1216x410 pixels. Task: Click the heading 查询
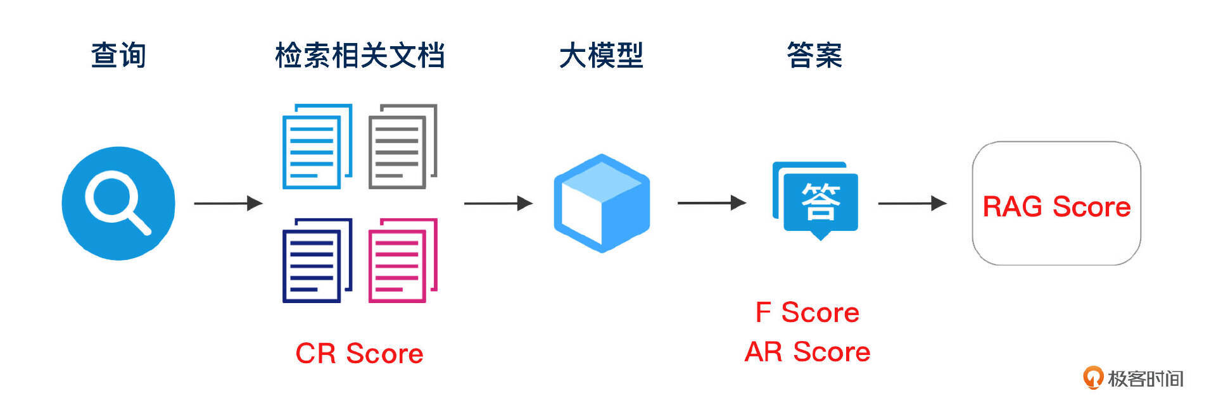point(118,55)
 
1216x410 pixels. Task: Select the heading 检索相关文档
point(359,55)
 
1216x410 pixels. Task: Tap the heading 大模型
point(601,55)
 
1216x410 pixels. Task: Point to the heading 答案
point(814,55)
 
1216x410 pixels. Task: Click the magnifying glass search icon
point(118,203)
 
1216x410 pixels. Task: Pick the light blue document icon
point(317,146)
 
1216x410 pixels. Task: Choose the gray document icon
point(403,146)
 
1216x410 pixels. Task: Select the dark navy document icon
point(317,260)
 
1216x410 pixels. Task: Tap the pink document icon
point(403,260)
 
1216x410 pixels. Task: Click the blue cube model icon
point(602,203)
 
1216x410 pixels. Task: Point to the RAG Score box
point(1056,203)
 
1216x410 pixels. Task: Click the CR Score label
point(359,353)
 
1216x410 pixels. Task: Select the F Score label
point(807,312)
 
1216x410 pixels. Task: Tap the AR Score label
point(807,352)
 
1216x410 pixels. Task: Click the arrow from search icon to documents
point(228,203)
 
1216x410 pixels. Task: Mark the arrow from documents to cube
point(498,203)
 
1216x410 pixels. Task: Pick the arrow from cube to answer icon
point(711,202)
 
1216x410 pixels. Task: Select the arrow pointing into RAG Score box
point(911,203)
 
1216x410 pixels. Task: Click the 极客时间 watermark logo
point(1132,378)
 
